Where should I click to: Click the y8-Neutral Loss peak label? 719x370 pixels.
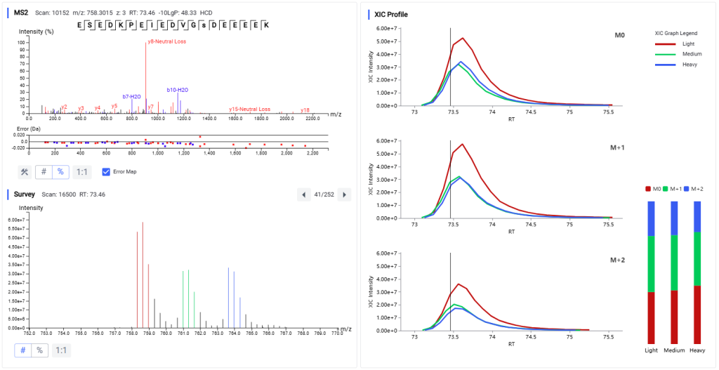pyautogui.click(x=166, y=41)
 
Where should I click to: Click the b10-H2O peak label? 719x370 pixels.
pyautogui.click(x=177, y=90)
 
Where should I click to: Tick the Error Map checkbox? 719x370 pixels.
pyautogui.click(x=107, y=171)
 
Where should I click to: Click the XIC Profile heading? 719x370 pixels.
pyautogui.click(x=391, y=14)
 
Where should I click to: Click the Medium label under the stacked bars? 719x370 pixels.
pyautogui.click(x=675, y=350)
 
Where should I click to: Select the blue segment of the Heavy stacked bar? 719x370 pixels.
pyautogui.click(x=697, y=216)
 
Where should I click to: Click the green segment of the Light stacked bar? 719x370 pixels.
pyautogui.click(x=652, y=264)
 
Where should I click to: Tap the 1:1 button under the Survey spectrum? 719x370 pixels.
pyautogui.click(x=62, y=350)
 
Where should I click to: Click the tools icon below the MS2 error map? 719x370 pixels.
pyautogui.click(x=24, y=172)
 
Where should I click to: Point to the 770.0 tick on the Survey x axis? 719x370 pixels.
pyautogui.click(x=337, y=333)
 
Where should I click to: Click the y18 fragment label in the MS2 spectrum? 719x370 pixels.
pyautogui.click(x=305, y=110)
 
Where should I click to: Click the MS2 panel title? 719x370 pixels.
pyautogui.click(x=21, y=13)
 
